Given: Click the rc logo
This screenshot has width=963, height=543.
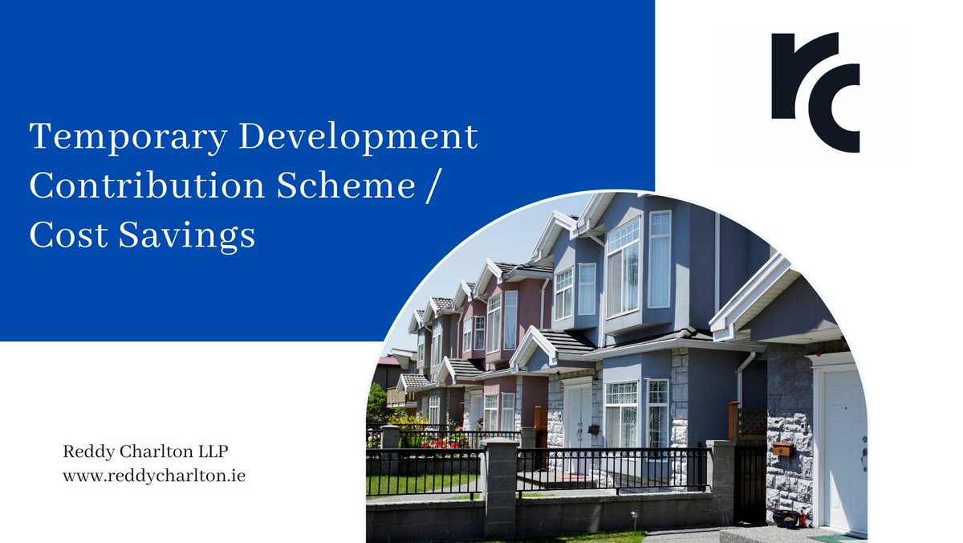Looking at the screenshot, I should pyautogui.click(x=815, y=92).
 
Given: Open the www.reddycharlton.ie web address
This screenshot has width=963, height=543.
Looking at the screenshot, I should pyautogui.click(x=154, y=476).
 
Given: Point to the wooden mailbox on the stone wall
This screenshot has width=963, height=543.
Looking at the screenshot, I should pyautogui.click(x=782, y=449).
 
